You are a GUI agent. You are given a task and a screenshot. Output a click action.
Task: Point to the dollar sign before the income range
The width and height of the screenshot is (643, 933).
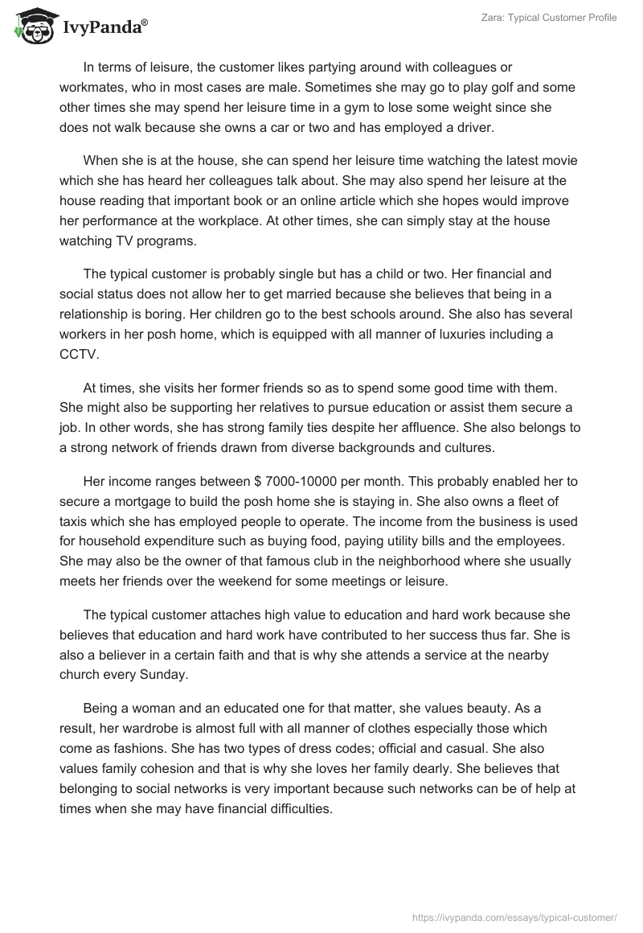tap(257, 482)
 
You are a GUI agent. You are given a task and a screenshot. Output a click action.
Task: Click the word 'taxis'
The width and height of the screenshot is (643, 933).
tap(75, 522)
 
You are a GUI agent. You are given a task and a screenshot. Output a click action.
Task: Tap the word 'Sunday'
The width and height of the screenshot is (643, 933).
tap(165, 675)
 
